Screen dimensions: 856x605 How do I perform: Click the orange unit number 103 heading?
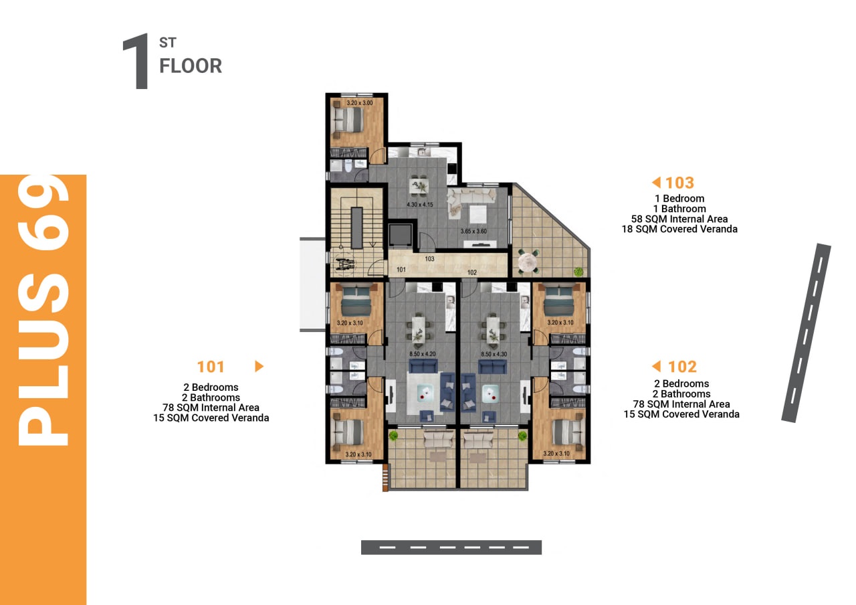(x=679, y=183)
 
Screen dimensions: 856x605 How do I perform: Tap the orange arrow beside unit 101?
(x=259, y=366)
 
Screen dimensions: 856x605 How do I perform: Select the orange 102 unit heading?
(x=682, y=367)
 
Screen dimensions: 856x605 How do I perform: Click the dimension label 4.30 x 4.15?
(x=419, y=205)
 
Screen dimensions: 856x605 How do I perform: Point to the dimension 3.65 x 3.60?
(x=473, y=232)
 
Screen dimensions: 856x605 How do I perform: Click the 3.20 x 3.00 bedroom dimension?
(x=360, y=103)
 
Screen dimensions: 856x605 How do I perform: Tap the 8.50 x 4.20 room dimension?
(x=422, y=354)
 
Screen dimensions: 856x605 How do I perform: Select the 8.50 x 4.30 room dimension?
(x=494, y=354)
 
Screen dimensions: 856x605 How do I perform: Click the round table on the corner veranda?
(x=528, y=262)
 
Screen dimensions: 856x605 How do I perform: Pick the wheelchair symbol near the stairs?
(x=346, y=264)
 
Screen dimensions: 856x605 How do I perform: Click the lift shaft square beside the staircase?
(x=400, y=234)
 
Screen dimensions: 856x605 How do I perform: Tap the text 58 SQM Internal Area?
(x=679, y=219)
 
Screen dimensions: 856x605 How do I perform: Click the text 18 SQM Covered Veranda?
(x=679, y=229)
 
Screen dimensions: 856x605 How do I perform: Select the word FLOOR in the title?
(x=191, y=66)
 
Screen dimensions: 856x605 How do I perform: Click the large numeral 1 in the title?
(x=136, y=61)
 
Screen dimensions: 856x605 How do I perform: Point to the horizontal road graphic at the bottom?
(x=451, y=547)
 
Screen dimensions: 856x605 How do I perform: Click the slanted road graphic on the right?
(x=806, y=333)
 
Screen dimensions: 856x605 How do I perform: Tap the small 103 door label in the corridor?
(x=429, y=259)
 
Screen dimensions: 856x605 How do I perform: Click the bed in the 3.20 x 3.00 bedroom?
(x=348, y=119)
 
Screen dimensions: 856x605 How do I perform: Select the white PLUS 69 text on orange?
(x=43, y=311)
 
